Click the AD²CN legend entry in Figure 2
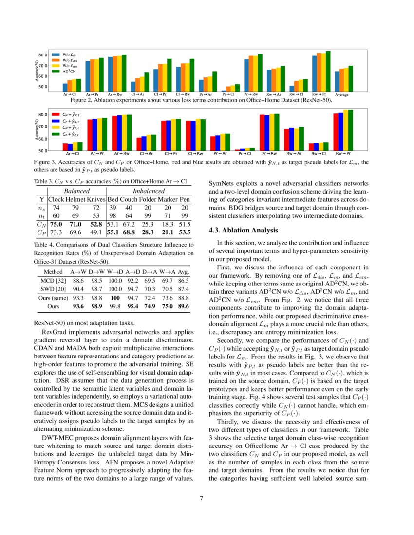coord(65,71)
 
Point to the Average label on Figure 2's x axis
coord(341,95)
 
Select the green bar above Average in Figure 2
coord(351,78)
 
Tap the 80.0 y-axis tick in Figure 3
coord(42,115)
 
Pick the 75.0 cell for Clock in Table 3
coord(56,224)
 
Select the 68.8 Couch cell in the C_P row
coord(129,232)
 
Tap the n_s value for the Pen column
coord(184,208)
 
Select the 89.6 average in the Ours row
coord(184,306)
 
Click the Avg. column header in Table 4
coord(184,272)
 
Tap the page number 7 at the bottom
coord(207,498)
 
